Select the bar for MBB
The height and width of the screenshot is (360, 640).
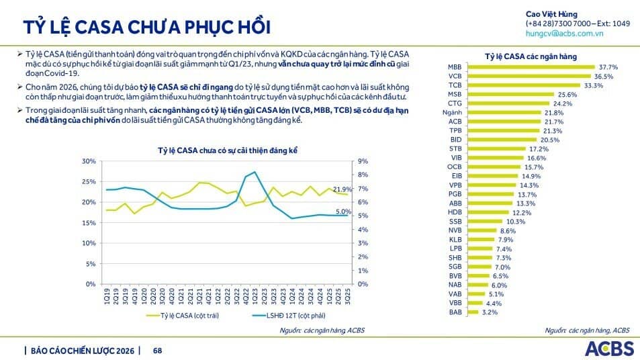click(530, 67)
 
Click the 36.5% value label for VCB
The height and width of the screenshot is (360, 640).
click(606, 77)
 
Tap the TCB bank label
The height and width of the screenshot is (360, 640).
click(455, 85)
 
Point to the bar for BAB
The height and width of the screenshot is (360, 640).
click(472, 312)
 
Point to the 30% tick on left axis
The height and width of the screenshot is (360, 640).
click(89, 161)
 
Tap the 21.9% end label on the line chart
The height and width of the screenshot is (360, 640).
click(342, 189)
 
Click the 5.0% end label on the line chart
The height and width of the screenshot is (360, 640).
click(343, 212)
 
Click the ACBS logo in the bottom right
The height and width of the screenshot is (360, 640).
click(608, 349)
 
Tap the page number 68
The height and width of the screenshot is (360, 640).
click(158, 350)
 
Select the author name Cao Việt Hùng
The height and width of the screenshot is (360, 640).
click(551, 14)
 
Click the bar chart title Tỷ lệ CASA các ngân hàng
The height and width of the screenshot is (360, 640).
click(531, 56)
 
